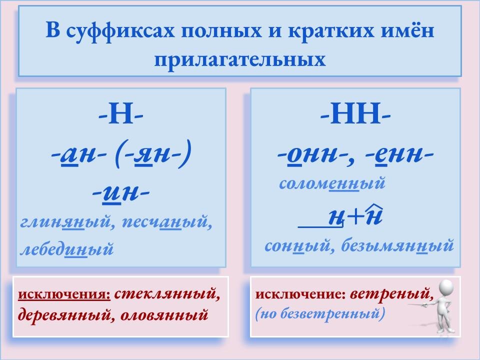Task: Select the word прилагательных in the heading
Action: point(240,59)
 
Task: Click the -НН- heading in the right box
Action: point(355,116)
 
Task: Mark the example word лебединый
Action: point(66,248)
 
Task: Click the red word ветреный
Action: point(390,293)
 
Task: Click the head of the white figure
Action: point(445,290)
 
